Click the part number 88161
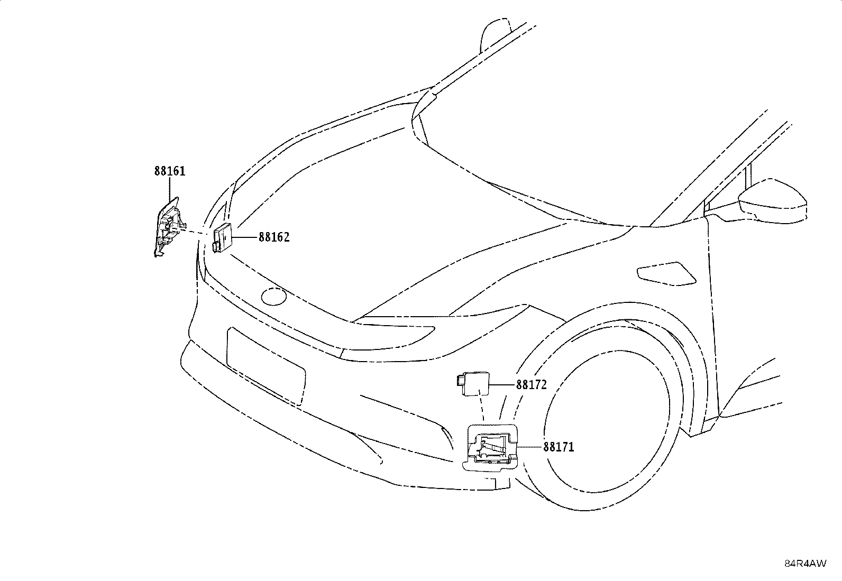click(x=170, y=171)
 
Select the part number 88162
click(x=274, y=237)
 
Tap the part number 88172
click(x=531, y=384)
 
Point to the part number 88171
click(x=559, y=447)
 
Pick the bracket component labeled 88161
click(x=168, y=227)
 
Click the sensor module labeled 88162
click(x=222, y=237)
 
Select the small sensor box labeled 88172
click(x=473, y=383)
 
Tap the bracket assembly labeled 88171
click(x=490, y=448)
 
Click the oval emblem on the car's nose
click(x=274, y=297)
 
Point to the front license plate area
click(x=266, y=366)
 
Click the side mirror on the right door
click(x=771, y=200)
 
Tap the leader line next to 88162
click(x=244, y=237)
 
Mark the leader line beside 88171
click(x=529, y=447)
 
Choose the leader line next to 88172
click(x=502, y=384)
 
